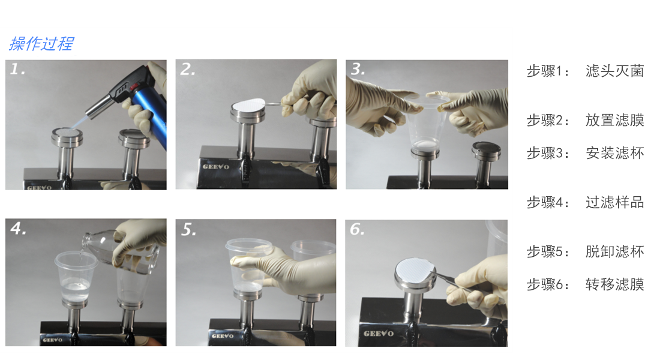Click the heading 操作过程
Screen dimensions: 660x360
point(41,44)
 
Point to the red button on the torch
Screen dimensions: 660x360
point(134,87)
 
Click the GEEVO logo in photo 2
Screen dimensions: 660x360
point(216,167)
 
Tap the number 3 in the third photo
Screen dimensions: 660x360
point(358,68)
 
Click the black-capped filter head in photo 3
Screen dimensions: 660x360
point(486,149)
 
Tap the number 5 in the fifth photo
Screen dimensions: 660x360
point(188,230)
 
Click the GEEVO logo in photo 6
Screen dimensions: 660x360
point(379,334)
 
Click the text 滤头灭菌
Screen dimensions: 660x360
point(614,71)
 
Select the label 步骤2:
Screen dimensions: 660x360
point(548,121)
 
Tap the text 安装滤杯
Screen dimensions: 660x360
point(614,153)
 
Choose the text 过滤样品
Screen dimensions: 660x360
point(614,202)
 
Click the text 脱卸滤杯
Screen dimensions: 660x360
point(614,251)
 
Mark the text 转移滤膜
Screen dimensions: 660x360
point(614,284)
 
